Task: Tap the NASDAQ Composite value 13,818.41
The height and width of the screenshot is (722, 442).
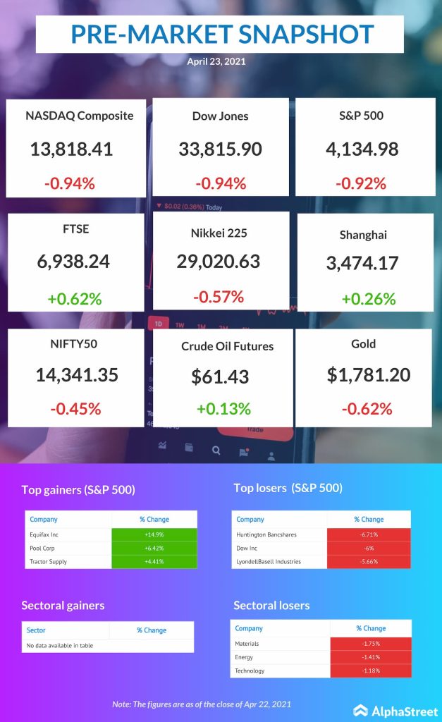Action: coord(71,149)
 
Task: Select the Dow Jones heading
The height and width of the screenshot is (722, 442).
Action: coord(220,116)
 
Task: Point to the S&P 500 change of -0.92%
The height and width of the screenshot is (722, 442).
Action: coord(363,183)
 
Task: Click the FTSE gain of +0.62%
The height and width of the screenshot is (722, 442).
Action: coord(74,298)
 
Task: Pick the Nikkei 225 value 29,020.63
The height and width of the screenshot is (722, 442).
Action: coord(219,261)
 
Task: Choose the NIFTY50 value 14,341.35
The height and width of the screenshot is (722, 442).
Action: coord(76,374)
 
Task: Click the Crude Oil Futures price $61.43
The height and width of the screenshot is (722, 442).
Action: coord(220,377)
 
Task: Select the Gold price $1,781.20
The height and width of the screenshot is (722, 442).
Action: coord(369,374)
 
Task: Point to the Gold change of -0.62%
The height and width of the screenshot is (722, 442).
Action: coord(366,408)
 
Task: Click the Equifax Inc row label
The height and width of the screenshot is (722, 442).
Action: coord(44,534)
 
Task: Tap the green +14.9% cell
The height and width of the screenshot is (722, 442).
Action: coord(154,534)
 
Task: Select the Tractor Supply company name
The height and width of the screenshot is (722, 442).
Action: coord(47,561)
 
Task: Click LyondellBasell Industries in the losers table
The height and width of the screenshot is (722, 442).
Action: coord(269,561)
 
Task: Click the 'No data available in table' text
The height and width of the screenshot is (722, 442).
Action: coord(59,645)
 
